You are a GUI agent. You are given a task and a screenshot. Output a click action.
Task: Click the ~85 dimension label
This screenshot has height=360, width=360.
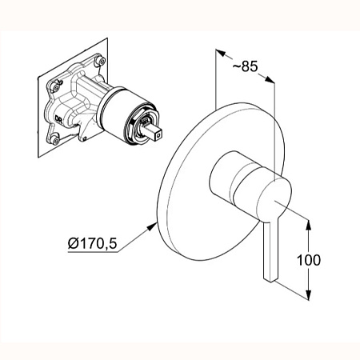coord(245,66)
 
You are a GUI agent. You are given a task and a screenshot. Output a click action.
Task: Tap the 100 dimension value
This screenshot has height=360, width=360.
coord(309,260)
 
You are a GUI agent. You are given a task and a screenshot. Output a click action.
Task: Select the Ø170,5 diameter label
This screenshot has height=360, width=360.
coord(92,243)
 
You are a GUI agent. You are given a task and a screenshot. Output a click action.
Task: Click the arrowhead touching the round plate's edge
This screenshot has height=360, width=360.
coord(152,227)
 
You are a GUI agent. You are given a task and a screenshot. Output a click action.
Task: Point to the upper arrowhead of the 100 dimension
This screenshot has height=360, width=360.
coord(308,225)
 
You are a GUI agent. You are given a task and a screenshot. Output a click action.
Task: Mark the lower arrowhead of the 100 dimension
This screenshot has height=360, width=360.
coord(308,295)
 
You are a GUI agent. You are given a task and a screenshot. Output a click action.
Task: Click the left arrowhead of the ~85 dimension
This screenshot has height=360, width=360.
coord(220,53)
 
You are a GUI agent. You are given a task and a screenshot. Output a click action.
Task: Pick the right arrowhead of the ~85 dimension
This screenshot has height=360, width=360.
coord(270,79)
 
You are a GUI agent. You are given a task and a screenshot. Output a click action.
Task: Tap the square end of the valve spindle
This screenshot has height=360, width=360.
coord(159,134)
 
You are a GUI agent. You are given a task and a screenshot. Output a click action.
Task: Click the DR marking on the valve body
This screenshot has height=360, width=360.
coord(58,118)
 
